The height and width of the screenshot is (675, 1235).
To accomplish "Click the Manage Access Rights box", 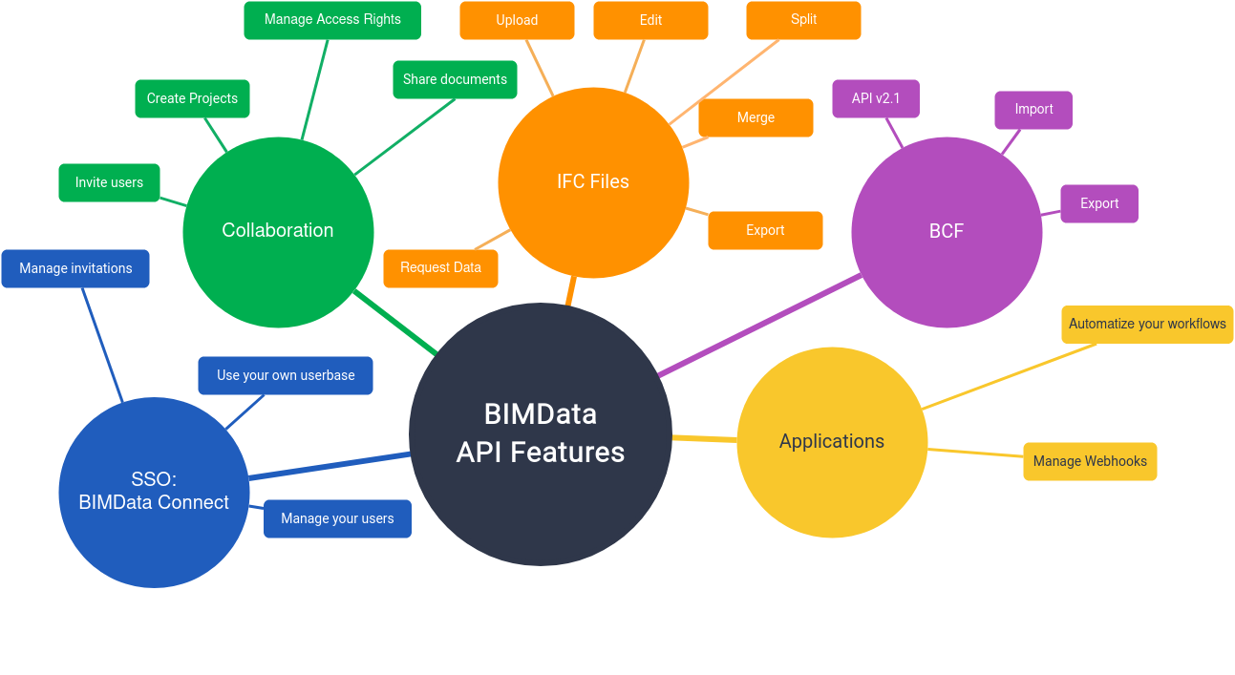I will click(332, 20).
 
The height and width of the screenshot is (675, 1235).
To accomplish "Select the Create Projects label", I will click(192, 98).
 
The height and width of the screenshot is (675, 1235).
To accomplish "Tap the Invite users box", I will click(109, 182).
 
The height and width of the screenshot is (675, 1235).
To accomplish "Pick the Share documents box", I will click(455, 79).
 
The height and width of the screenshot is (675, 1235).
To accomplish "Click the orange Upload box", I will click(517, 20).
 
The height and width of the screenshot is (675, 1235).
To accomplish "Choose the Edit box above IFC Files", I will click(650, 20).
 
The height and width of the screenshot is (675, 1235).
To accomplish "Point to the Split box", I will click(803, 20).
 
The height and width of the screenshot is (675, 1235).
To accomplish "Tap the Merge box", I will click(756, 117).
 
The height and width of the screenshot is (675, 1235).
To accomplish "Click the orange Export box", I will click(765, 230).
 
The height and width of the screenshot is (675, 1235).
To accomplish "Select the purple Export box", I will click(1099, 203).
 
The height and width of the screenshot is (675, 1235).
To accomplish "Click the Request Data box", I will click(440, 268).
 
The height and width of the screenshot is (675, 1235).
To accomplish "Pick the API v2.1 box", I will click(876, 98).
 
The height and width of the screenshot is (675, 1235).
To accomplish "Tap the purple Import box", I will click(1033, 110).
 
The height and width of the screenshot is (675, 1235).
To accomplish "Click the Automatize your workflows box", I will click(1147, 325).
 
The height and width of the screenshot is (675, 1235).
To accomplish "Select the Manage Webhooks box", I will click(1090, 461).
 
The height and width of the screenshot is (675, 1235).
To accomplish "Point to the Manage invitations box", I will click(75, 268).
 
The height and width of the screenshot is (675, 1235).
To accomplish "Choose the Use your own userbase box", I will click(286, 375).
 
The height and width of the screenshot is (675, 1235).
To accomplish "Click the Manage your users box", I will click(337, 518).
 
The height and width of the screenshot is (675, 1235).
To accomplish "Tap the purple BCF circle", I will click(947, 232).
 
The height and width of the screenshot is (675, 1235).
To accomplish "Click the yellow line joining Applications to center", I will click(705, 438).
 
